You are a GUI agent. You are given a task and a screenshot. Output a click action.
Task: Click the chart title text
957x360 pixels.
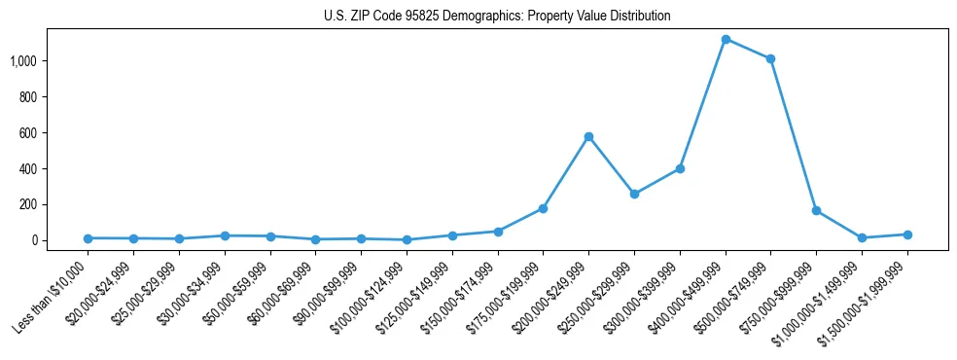pos(497,17)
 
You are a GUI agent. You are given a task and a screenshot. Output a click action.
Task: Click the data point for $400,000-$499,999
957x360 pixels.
pos(726,39)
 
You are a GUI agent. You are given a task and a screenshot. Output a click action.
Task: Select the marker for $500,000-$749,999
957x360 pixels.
pos(770,58)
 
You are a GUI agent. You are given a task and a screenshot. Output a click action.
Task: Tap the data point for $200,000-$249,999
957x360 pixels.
pos(588,136)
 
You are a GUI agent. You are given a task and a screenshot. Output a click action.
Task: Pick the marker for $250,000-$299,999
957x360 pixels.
pos(634,194)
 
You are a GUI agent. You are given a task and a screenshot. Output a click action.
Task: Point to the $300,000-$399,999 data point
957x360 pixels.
pos(680,168)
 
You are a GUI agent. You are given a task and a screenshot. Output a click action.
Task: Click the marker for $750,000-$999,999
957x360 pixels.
pos(816,210)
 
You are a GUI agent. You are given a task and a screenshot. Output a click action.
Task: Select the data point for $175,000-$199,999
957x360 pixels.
pos(543,208)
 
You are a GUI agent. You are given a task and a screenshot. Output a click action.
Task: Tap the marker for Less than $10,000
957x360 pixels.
pos(88,238)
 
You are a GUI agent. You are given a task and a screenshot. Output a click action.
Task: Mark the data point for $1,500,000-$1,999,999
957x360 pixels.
pos(907,234)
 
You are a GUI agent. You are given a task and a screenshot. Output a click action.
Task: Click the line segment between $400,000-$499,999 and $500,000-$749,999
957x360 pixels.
pos(748,49)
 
